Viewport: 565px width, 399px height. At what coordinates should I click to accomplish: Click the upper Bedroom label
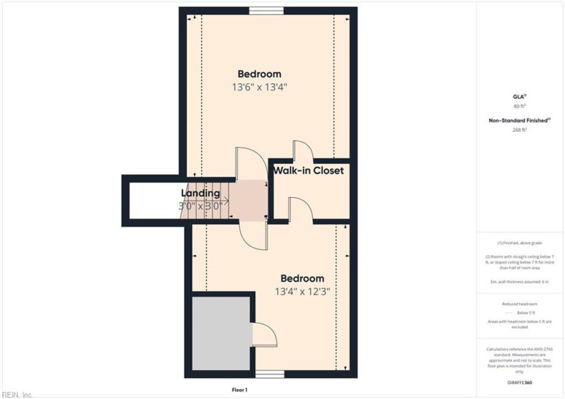(x=259, y=74)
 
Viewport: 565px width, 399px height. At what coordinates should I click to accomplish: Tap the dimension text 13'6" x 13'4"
(x=259, y=88)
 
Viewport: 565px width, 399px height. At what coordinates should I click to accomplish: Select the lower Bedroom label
(x=302, y=278)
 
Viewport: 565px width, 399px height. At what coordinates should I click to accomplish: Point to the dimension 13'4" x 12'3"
(x=302, y=291)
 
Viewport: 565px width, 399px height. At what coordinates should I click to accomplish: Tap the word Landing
(x=201, y=193)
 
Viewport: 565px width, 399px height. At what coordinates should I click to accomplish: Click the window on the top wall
(x=266, y=10)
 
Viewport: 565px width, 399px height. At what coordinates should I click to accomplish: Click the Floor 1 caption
(x=240, y=390)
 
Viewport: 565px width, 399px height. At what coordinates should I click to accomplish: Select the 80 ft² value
(x=520, y=106)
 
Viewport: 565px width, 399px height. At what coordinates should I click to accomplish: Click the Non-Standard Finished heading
(x=520, y=121)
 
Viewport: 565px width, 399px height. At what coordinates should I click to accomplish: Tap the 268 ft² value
(x=520, y=130)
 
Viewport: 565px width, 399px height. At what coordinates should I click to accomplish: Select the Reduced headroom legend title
(x=520, y=304)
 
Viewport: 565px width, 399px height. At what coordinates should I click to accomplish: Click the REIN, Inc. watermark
(x=18, y=394)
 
